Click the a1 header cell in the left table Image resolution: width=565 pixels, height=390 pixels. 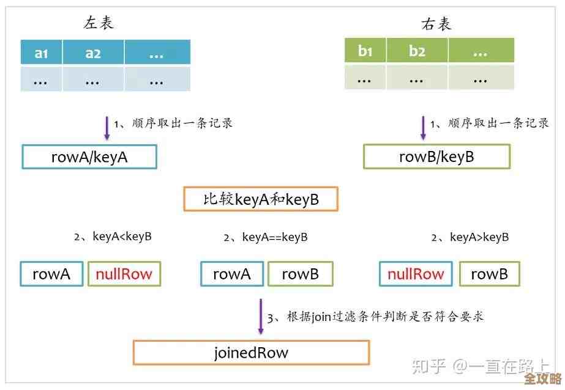42,53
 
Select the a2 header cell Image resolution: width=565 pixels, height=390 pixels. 93,53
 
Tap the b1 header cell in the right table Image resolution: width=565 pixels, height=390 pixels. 365,51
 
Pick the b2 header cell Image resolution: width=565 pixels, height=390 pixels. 417,51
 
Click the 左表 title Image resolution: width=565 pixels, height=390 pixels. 99,23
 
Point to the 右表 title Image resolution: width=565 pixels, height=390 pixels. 436,24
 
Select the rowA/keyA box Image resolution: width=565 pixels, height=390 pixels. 89,157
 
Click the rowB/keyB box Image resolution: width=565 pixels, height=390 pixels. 436,157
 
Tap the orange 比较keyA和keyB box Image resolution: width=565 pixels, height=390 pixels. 261,199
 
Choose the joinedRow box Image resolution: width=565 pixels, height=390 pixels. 251,353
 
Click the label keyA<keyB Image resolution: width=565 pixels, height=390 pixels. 121,237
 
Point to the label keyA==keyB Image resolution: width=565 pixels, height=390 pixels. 274,237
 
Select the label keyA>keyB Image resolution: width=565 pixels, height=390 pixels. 479,237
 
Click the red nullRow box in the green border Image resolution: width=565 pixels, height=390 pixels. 124,274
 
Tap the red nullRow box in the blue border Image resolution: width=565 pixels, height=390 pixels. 416,274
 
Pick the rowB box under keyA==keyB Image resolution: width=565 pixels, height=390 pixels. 300,274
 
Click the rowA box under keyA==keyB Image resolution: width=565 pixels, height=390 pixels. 232,274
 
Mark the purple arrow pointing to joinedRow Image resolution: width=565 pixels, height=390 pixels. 260,317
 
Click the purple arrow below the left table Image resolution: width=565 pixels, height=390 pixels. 107,128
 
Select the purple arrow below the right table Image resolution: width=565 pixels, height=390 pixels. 422,128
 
